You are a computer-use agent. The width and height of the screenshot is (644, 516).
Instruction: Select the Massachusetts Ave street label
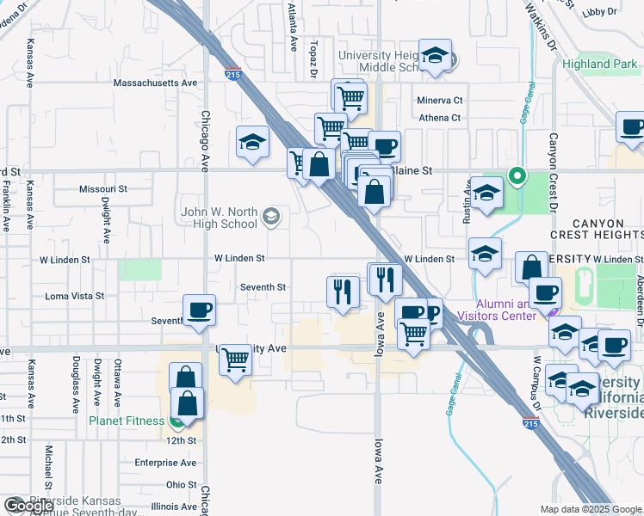coord(156,83)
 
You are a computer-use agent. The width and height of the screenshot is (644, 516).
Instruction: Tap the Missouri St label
coord(102,188)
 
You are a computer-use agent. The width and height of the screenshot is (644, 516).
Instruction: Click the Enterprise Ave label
coord(165,463)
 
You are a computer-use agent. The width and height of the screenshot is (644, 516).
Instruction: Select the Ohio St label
coord(182,485)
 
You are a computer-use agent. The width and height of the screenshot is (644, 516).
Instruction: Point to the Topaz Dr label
coord(315,54)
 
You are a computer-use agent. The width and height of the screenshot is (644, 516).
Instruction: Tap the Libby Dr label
coord(600,12)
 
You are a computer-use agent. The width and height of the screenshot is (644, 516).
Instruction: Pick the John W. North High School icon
coord(271,216)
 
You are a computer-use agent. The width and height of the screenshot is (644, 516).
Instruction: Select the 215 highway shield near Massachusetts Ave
coord(232,75)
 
